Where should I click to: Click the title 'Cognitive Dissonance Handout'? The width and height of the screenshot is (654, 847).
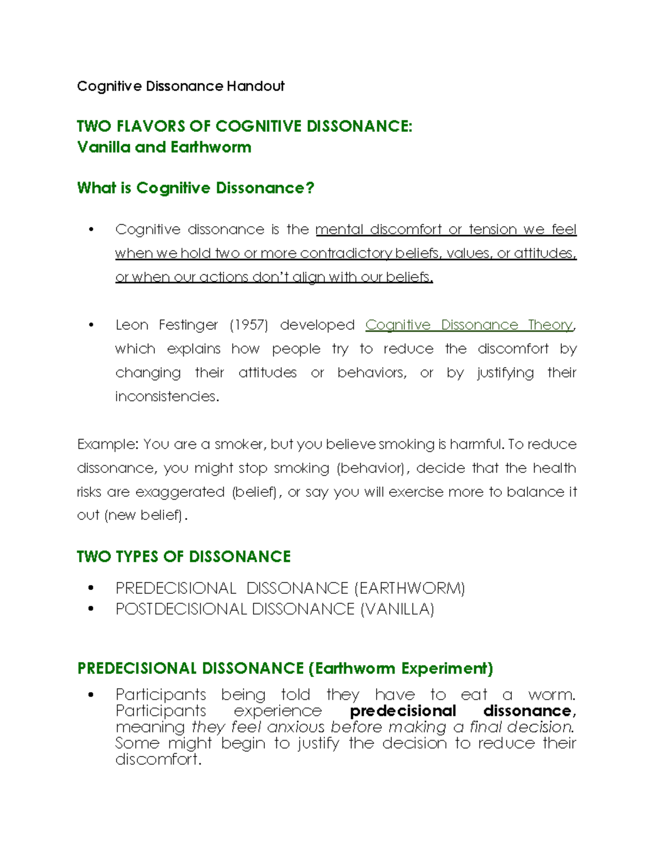tap(180, 86)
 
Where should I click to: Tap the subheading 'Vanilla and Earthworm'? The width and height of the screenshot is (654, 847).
tap(164, 147)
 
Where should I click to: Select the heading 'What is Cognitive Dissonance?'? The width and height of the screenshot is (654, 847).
tap(196, 188)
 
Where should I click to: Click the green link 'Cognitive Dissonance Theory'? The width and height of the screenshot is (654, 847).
tap(469, 325)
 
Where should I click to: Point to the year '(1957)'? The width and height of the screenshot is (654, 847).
tap(249, 325)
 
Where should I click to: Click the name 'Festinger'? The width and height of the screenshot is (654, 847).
tap(188, 325)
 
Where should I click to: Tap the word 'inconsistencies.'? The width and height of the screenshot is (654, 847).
tap(167, 397)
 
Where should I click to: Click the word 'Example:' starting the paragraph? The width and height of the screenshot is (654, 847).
tap(107, 444)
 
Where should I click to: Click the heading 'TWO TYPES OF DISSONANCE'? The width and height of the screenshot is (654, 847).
tap(184, 557)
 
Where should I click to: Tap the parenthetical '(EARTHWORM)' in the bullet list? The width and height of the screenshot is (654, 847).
tap(410, 588)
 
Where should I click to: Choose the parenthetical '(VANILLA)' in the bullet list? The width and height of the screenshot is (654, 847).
tap(397, 609)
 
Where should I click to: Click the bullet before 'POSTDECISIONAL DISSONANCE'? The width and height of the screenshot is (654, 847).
tap(91, 609)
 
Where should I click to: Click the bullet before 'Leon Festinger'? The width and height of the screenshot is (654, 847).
tap(91, 325)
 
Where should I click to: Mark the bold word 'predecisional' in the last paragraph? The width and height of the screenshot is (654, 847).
tap(403, 711)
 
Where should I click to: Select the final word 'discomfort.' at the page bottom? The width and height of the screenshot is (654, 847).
tap(158, 759)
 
